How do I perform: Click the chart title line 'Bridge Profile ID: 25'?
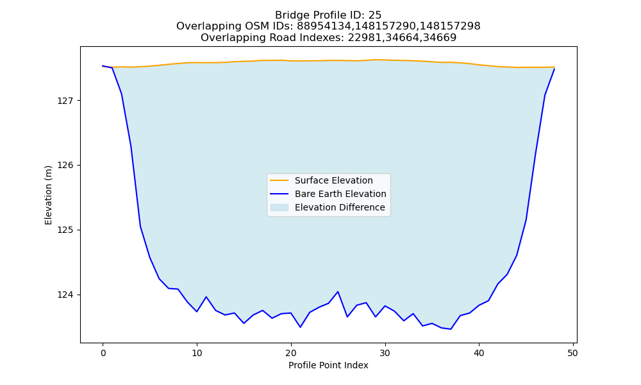(328, 15)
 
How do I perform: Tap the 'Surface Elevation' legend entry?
(322, 180)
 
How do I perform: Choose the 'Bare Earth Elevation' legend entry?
(328, 194)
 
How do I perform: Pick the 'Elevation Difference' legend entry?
(328, 207)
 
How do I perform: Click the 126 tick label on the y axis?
(66, 166)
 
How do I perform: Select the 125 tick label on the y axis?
(66, 230)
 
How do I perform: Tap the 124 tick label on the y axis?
(66, 295)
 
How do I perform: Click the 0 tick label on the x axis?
(103, 353)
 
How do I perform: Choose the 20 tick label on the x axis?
(291, 353)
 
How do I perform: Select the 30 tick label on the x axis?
(385, 353)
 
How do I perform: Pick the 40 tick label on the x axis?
(479, 353)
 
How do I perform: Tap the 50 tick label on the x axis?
(573, 353)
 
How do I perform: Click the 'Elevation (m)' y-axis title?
(49, 195)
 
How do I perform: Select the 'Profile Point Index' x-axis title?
(328, 365)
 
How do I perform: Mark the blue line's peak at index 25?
(338, 292)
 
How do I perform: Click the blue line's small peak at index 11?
(206, 297)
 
